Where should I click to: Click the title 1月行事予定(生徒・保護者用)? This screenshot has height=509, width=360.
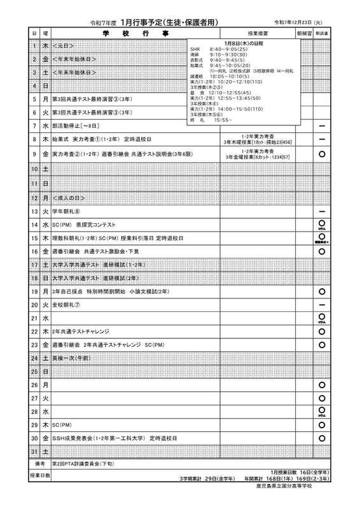[169, 22]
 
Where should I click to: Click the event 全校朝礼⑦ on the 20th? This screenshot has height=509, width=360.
[66, 305]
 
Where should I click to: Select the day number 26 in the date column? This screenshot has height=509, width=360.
[34, 385]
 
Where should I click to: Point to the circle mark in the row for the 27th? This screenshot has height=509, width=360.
[322, 398]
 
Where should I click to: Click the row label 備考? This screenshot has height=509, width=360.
[39, 464]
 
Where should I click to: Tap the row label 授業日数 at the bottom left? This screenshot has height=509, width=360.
[39, 475]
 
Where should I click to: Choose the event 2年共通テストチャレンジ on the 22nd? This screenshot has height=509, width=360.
[81, 331]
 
